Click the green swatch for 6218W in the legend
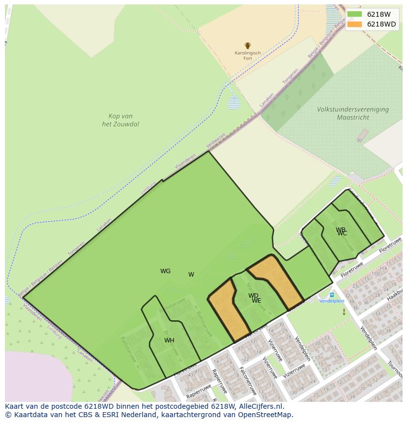pos(354,14)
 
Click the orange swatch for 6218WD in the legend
pos(354,24)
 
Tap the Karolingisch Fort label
pos(248,56)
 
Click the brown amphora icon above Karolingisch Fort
pos(248,46)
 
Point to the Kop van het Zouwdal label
pos(120,120)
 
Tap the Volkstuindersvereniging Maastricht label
pos(352,113)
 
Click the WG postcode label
pos(165,271)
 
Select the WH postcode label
pos(169,340)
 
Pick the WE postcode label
pos(257,301)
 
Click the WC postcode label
pos(342,233)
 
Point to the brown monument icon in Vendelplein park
pos(344,311)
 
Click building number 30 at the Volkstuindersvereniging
pos(359,141)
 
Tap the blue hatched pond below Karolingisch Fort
pos(234,102)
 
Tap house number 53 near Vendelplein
pos(333,348)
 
